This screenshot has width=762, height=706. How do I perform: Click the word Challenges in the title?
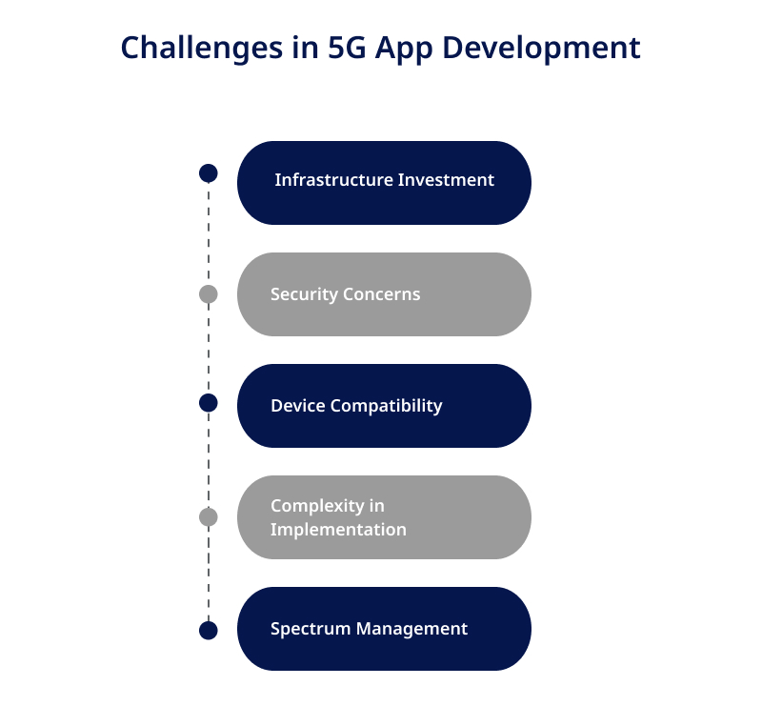202,49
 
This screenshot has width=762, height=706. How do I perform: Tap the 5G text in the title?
347,48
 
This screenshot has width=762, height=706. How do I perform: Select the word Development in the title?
541,49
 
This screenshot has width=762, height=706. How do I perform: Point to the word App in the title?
404,50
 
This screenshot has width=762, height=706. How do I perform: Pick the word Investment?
446,180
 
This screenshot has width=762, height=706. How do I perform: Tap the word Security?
304,294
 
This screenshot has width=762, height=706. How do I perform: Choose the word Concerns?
382,294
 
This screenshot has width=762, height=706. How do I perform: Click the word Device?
298,406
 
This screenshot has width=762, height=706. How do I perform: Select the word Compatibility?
387,407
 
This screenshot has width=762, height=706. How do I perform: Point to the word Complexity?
317,507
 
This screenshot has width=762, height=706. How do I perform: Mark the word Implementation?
338,530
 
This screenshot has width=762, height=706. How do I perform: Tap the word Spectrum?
311,629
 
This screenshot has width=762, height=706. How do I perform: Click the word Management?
412,629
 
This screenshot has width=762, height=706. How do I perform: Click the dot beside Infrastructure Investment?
209,173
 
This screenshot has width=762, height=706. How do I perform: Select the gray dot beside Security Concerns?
209,294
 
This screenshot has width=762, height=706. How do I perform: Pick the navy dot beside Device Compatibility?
209,403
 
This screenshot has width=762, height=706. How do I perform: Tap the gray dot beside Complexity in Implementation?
209,517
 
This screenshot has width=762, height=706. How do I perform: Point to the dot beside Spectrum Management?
209,631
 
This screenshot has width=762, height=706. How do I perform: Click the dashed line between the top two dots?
209,233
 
